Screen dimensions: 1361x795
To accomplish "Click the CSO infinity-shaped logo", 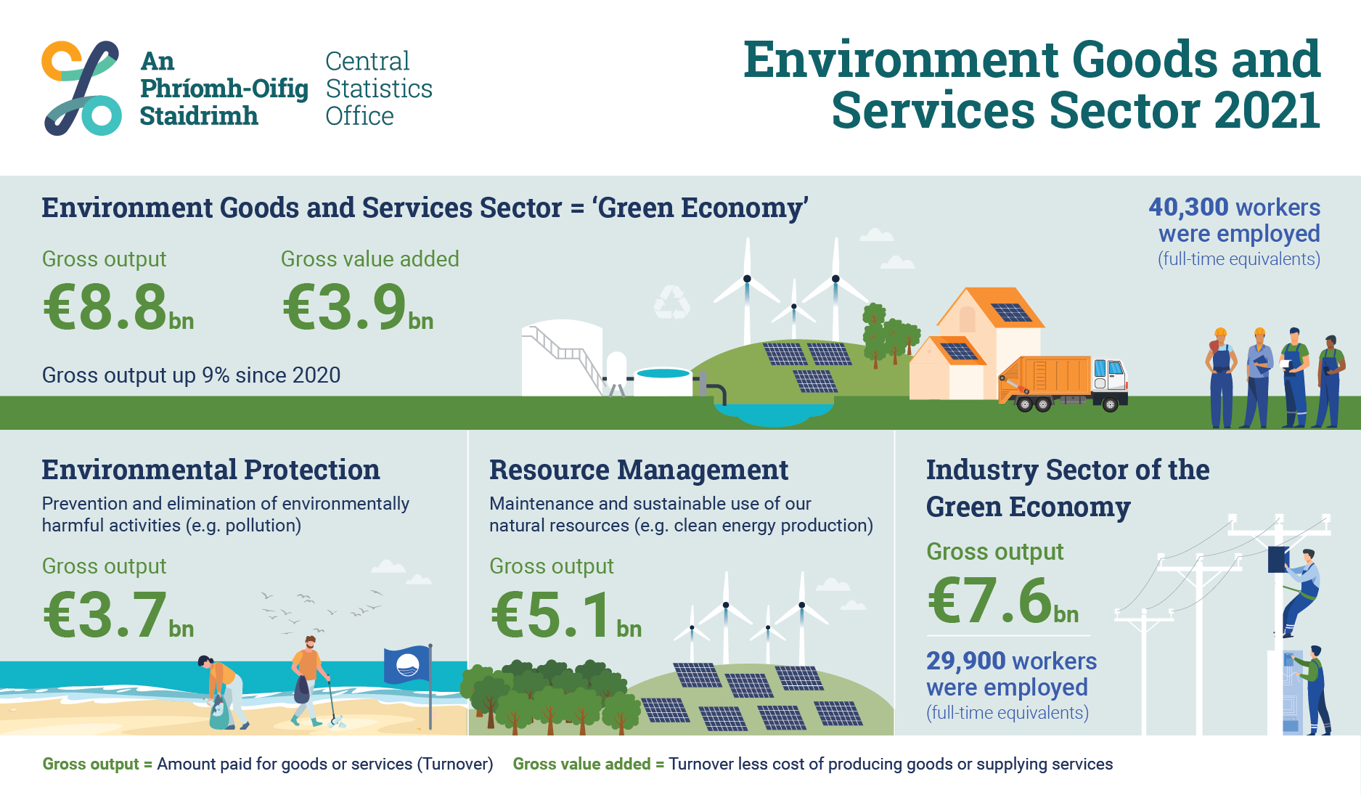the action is point(81,88).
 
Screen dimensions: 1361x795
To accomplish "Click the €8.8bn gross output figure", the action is point(118,307).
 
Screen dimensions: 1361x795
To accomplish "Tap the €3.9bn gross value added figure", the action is point(357,307).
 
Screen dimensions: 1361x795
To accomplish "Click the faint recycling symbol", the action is point(671,303).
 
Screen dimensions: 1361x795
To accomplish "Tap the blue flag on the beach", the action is point(408,664).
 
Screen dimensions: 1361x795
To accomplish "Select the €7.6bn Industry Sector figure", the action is point(1002,600).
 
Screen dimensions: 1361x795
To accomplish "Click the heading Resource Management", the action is point(639,470).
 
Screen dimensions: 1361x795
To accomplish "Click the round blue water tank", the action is point(663,380).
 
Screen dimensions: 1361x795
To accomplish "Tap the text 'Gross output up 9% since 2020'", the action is point(191,375).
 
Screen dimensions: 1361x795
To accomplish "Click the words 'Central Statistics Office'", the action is point(379,89).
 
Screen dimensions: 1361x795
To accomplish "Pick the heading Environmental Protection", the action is point(211,470).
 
